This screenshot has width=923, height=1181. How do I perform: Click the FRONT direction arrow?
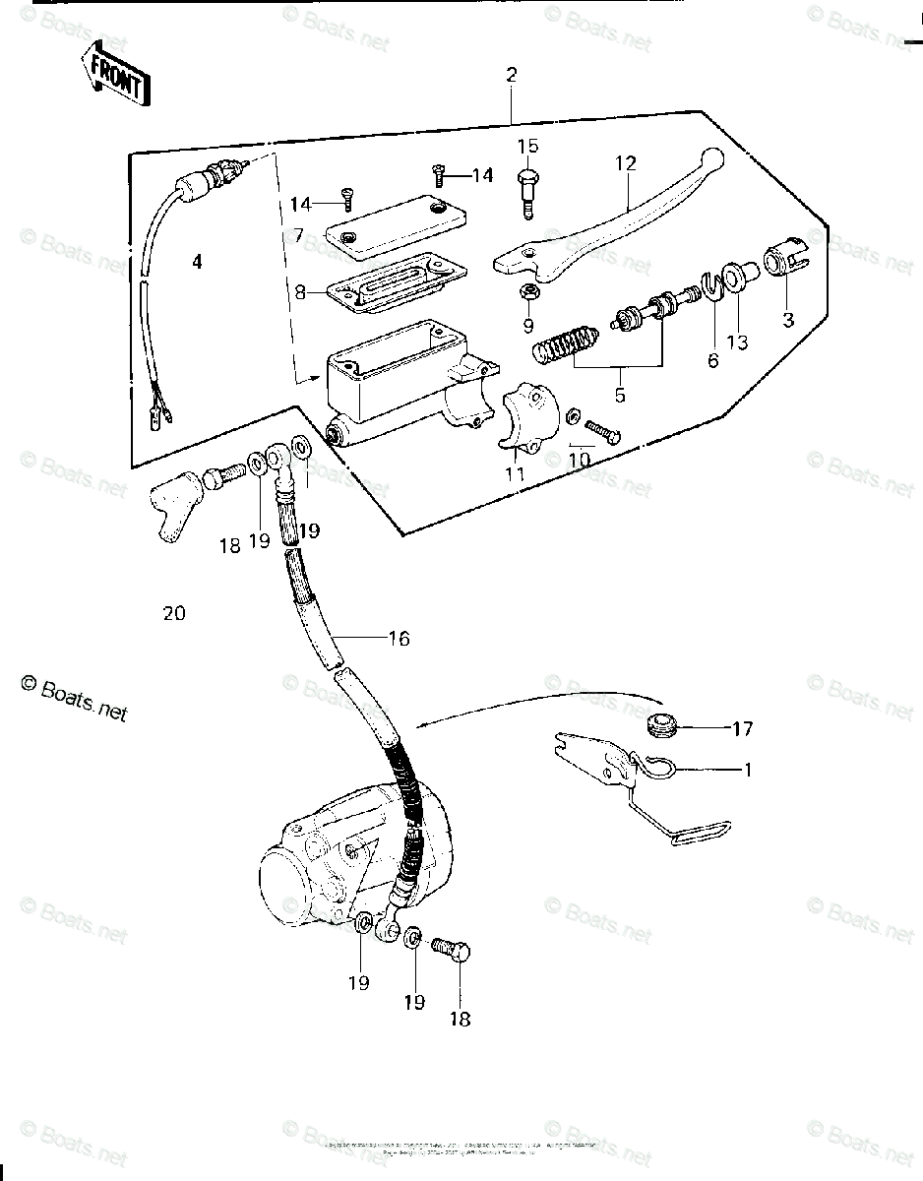click(116, 74)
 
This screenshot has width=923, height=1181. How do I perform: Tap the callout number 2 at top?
click(511, 75)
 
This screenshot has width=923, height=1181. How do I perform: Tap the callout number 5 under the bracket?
click(619, 396)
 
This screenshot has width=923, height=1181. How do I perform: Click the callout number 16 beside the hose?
click(398, 639)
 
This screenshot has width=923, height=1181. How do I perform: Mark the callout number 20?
click(174, 613)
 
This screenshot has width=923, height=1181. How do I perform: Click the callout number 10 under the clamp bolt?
click(579, 461)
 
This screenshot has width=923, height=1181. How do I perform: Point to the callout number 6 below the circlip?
click(712, 361)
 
